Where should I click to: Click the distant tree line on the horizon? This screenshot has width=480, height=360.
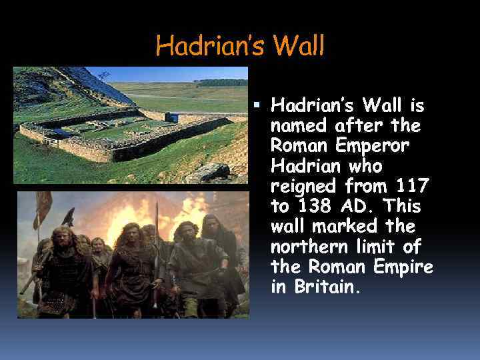click(x=220, y=83)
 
